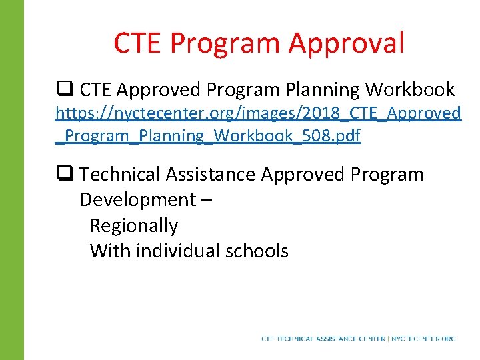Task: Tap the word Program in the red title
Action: coord(225,43)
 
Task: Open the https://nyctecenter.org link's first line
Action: coord(257,113)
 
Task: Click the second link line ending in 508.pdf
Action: coord(208,136)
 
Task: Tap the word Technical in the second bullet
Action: coord(121,175)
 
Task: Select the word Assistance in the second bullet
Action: coord(211,175)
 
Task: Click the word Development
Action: coord(136,200)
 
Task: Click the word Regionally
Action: coord(133,226)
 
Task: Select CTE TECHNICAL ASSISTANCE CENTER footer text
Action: coord(323,339)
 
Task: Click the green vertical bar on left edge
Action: coord(12,180)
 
